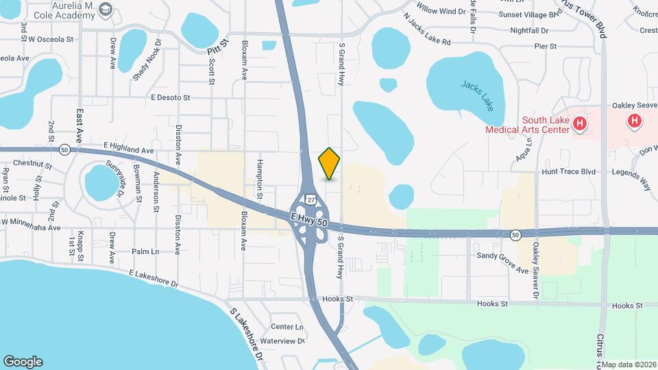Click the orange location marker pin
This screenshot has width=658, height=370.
coord(330,163)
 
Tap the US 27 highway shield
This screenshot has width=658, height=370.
coord(311,199)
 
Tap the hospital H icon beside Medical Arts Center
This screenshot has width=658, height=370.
coord(580,124)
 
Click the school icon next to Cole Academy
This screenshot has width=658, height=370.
coord(105,9)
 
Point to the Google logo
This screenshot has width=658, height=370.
coord(23,362)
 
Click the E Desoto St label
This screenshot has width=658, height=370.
coord(171,98)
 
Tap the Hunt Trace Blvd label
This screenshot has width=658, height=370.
coord(568,172)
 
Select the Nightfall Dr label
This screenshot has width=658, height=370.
coord(530,31)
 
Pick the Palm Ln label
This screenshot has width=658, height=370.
coord(145,252)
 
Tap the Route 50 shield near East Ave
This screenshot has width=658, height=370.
coord(64,149)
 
